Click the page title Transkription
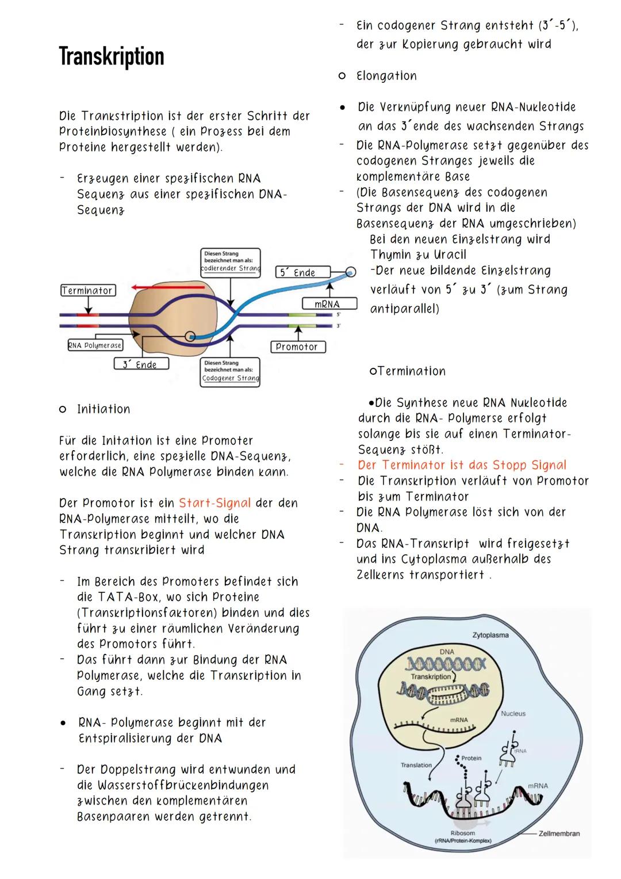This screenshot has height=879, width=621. tap(112, 57)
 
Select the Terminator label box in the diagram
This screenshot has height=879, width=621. tap(87, 291)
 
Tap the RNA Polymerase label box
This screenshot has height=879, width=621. tap(95, 345)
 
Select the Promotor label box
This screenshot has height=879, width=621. tap(297, 347)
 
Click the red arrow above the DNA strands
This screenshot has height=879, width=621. tap(167, 286)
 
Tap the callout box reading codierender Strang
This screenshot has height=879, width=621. tap(230, 261)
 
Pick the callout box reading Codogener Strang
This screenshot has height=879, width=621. tap(230, 371)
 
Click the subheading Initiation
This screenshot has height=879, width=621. tap(103, 409)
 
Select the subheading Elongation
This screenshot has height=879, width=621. tap(386, 76)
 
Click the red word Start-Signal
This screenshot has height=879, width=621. tap(214, 503)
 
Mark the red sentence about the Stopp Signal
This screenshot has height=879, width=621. tap(462, 465)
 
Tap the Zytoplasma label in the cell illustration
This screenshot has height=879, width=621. tap(490, 636)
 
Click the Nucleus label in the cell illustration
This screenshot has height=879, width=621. tap(513, 713)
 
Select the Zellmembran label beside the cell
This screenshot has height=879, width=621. tap(559, 834)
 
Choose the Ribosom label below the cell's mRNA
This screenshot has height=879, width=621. tap(463, 833)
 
